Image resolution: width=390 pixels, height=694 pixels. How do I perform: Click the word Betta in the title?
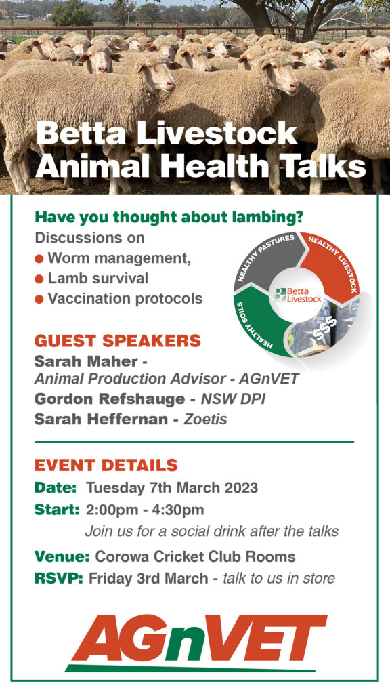coord(80,134)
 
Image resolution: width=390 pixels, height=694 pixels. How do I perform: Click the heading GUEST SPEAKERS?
coord(118,341)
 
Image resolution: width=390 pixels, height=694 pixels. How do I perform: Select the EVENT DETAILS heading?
coord(106,465)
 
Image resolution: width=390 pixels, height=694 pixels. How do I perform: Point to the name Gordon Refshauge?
coord(109,399)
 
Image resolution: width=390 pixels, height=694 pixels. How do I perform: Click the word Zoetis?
coord(205,419)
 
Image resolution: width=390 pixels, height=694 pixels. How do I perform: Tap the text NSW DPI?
coord(234,399)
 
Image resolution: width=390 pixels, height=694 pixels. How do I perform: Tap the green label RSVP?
coord(59,578)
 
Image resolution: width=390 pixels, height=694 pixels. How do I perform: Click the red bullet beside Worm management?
coord(39,259)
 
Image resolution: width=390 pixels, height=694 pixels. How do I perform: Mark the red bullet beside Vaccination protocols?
coord(39,300)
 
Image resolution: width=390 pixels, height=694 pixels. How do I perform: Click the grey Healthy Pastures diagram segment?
coord(265,261)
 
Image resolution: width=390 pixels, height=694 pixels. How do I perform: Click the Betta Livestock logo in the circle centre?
coord(297,295)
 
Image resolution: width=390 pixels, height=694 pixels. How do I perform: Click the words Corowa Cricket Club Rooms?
coord(195,557)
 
